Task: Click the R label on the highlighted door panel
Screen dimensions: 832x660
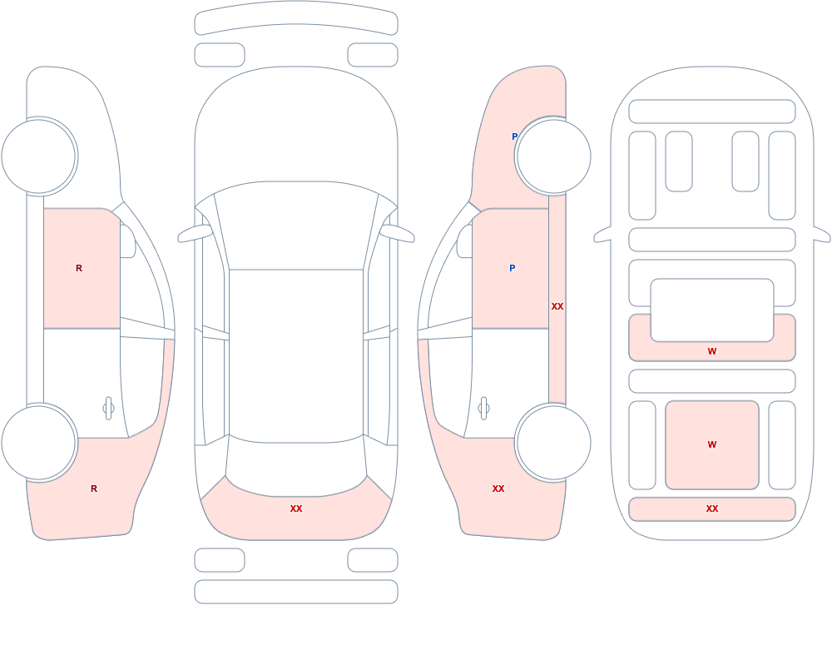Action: (79, 268)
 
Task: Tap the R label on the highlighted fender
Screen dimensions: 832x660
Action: (94, 489)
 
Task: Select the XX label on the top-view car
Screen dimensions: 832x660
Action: (296, 509)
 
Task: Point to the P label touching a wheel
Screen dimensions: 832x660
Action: (514, 136)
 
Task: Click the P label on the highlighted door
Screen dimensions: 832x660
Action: (512, 268)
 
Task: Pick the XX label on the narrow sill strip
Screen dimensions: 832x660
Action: (557, 306)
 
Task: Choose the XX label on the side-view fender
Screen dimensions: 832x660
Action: (498, 489)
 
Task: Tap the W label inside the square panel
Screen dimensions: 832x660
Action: (712, 444)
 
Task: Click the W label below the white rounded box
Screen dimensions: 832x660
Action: (712, 351)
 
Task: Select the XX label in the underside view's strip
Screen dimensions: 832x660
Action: (712, 509)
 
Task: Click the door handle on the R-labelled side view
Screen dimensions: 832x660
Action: (108, 409)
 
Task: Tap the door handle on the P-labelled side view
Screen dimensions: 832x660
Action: (483, 409)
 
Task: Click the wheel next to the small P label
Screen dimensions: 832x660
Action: (553, 156)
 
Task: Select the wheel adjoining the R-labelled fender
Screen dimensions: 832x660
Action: (38, 443)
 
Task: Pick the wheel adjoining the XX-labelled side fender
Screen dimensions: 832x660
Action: (553, 443)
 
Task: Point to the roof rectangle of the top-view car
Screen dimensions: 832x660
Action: (296, 355)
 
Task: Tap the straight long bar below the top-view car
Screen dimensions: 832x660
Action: (296, 592)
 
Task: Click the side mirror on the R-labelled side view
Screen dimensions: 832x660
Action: (127, 241)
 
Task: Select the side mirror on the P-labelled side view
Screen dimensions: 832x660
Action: (465, 241)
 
